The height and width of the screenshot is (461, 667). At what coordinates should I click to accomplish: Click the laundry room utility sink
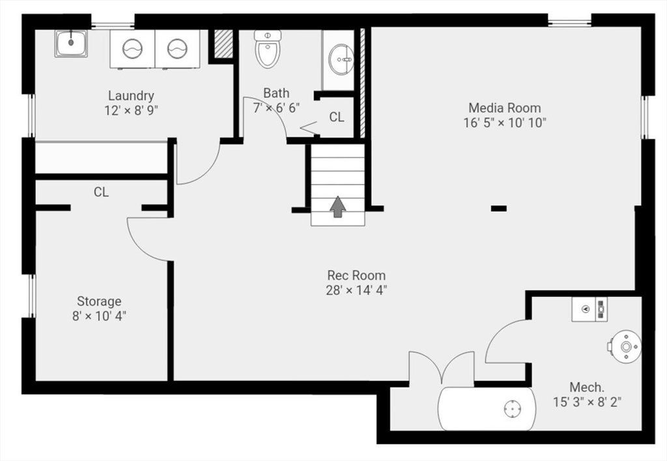[x=71, y=44]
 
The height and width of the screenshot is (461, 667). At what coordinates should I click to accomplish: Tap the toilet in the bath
[x=268, y=48]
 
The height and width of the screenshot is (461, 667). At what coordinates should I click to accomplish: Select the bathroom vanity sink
[x=341, y=59]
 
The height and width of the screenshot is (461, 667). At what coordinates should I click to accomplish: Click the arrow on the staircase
[x=338, y=206]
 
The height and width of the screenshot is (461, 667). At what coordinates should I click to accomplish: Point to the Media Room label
[x=505, y=107]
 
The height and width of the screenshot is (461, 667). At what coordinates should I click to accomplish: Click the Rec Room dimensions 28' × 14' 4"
[x=356, y=290]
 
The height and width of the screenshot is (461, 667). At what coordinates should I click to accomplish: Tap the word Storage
[x=99, y=301]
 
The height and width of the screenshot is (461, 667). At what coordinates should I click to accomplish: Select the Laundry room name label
[x=131, y=96]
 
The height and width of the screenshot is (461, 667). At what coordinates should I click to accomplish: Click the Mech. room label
[x=587, y=387]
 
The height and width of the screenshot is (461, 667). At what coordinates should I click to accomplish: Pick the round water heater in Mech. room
[x=625, y=346]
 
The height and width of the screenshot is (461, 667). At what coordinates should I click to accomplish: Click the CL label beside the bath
[x=337, y=117]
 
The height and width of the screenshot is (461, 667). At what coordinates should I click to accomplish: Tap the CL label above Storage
[x=101, y=192]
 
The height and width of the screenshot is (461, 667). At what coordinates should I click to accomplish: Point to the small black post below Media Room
[x=499, y=208]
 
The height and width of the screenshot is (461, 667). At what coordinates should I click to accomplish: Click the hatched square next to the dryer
[x=223, y=44]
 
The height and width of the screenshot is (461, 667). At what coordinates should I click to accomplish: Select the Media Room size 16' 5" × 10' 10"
[x=505, y=123]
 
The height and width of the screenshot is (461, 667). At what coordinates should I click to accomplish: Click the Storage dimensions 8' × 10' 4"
[x=99, y=316]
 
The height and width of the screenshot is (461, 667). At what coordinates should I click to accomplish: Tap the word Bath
[x=276, y=92]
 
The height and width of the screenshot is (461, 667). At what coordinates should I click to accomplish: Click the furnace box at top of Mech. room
[x=589, y=309]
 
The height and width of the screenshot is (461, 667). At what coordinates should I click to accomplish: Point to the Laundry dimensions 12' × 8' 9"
[x=131, y=111]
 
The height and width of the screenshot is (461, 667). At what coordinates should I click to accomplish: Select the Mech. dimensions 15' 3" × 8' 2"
[x=587, y=402]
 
